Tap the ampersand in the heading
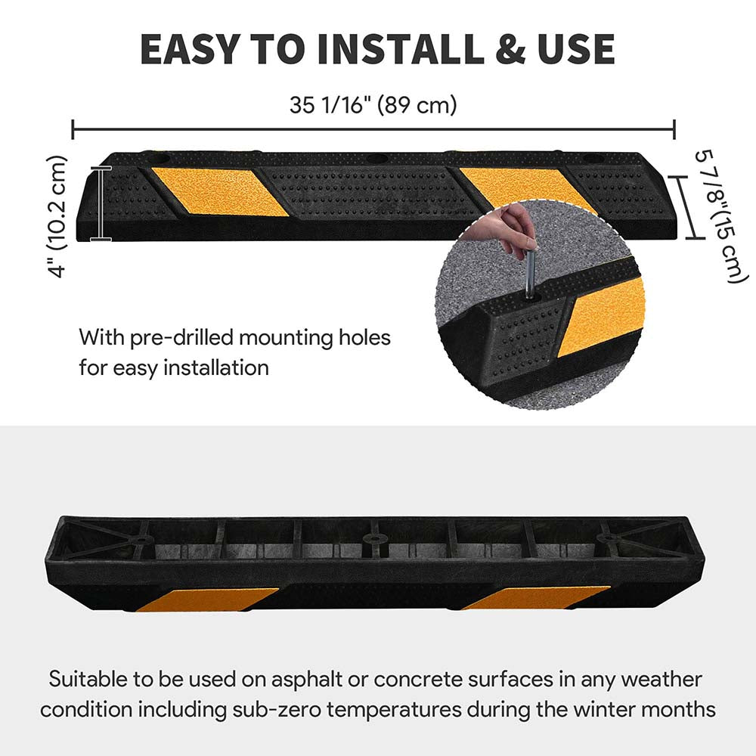(x=510, y=49)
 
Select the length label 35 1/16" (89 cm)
(x=373, y=104)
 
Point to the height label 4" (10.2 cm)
(x=57, y=216)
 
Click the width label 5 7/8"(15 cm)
(x=720, y=217)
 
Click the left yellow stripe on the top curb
(x=220, y=191)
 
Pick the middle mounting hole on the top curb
(x=377, y=159)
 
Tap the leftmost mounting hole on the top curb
(x=159, y=158)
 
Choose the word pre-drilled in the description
(x=183, y=337)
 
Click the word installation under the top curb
(x=215, y=368)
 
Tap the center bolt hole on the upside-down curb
(x=372, y=538)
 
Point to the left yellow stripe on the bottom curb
(x=207, y=600)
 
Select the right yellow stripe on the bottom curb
(x=536, y=598)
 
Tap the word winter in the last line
(x=603, y=710)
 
